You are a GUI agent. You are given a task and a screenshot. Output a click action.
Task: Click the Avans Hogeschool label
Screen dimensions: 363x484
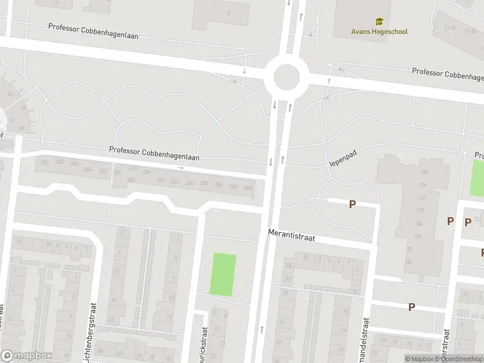379,31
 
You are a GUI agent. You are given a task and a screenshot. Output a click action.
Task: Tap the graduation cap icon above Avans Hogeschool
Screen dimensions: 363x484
379,22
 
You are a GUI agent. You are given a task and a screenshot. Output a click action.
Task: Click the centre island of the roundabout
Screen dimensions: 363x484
286,77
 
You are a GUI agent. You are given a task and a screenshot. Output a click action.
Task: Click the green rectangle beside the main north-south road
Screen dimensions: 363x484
223,275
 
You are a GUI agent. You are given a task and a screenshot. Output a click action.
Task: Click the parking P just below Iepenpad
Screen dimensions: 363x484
352,204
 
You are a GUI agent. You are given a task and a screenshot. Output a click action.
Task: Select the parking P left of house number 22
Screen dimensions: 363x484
411,307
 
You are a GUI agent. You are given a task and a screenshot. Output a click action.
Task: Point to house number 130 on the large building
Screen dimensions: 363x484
417,236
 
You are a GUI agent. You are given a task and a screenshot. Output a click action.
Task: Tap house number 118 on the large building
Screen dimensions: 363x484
420,211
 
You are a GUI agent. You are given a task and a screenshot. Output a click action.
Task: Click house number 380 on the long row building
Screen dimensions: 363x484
44,162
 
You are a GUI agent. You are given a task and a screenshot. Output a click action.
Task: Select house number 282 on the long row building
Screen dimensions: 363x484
247,188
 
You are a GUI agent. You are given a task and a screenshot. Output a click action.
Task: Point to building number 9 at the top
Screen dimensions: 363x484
228,13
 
